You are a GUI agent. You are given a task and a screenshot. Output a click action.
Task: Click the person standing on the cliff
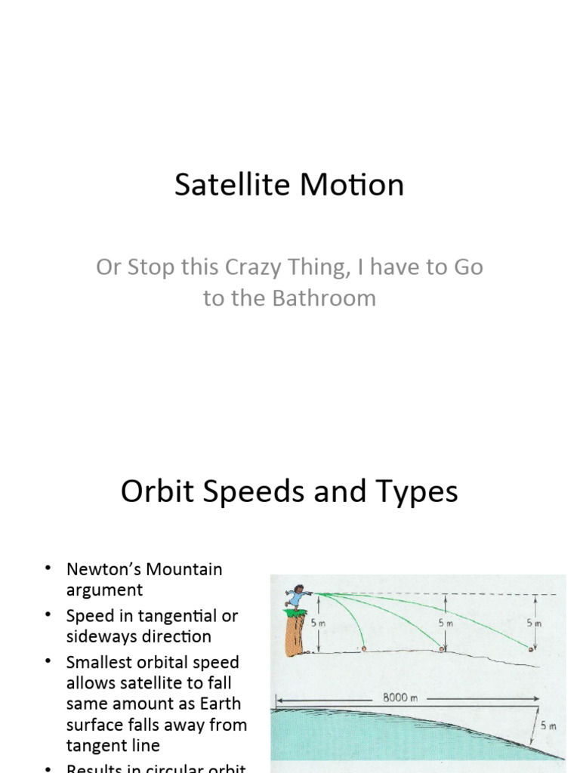[298, 596]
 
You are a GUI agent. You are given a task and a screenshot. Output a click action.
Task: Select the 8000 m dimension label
[400, 698]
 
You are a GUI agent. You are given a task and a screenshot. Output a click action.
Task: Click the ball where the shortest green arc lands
[364, 648]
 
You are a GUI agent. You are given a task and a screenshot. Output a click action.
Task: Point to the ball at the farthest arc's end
[532, 648]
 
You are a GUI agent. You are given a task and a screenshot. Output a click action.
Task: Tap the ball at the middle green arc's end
[443, 648]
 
